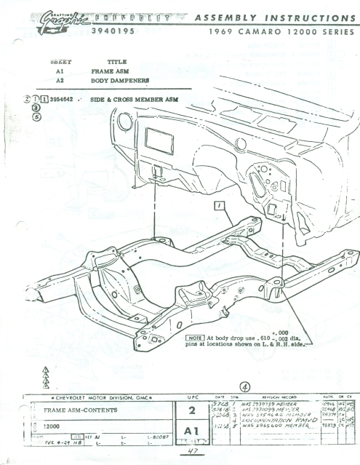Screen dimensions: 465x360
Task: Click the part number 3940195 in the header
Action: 111,32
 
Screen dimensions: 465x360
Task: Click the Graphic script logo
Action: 62,17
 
